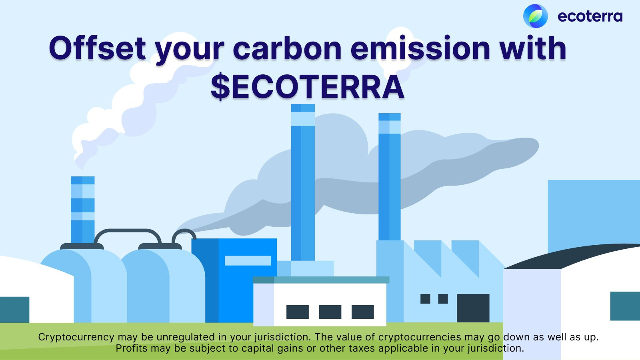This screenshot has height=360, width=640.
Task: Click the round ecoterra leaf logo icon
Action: pos(536,16)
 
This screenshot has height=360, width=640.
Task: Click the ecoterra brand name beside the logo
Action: pos(590,16)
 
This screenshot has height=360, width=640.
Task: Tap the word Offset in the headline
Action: pos(98,48)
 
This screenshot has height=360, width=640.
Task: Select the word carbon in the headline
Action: pos(287,48)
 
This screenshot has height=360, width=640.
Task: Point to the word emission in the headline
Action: pos(420,48)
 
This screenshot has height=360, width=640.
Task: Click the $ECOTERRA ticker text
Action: pos(308,86)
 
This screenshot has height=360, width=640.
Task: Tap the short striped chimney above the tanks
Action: pos(82,210)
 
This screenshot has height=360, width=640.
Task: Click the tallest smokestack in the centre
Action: pos(303,182)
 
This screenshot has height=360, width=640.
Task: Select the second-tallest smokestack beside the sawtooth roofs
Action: pos(390,177)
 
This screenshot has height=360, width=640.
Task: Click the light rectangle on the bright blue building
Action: pos(248,260)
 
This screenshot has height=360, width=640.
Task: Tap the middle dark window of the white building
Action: pos(330,312)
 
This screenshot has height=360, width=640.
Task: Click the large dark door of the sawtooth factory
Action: pos(473,308)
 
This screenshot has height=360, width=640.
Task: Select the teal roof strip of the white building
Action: pos(321,280)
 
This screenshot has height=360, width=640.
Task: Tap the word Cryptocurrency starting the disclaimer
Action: pos(76,337)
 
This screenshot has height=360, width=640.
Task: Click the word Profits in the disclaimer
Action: pos(132,348)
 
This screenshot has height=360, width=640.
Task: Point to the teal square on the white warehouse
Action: pos(625,306)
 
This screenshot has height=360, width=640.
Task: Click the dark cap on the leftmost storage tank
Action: pos(82,246)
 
